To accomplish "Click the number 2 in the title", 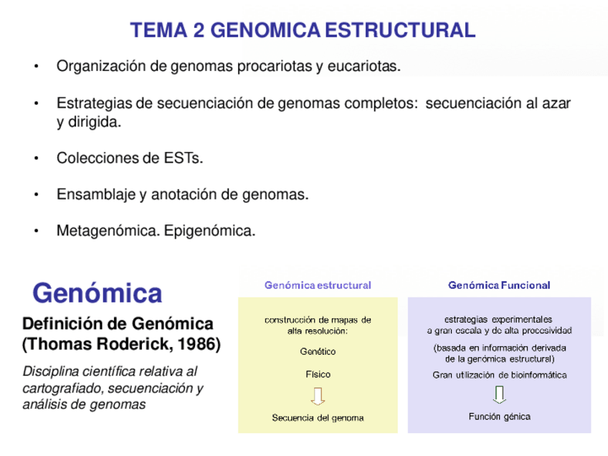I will click(x=199, y=30).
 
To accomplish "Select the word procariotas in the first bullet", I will click(x=276, y=67).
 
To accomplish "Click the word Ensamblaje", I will click(x=92, y=194).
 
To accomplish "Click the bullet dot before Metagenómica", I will click(x=37, y=232).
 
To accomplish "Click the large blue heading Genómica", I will click(x=98, y=293).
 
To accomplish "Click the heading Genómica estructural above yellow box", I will click(x=318, y=285).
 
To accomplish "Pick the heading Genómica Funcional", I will click(x=499, y=285).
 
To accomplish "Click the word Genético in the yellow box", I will click(x=318, y=351).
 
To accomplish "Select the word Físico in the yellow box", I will click(x=318, y=374).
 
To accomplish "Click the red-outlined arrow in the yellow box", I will click(x=318, y=396).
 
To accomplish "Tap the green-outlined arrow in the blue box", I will click(x=500, y=394).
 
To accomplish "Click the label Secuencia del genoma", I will click(x=318, y=418).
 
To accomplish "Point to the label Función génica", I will click(x=500, y=417).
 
